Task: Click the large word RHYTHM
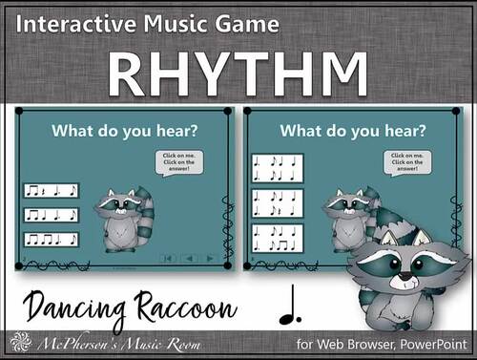[238, 71]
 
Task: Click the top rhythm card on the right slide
[278, 169]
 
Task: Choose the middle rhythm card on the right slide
[278, 203]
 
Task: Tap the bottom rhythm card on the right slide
[278, 238]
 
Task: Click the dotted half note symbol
[287, 308]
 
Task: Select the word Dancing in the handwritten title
[69, 308]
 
